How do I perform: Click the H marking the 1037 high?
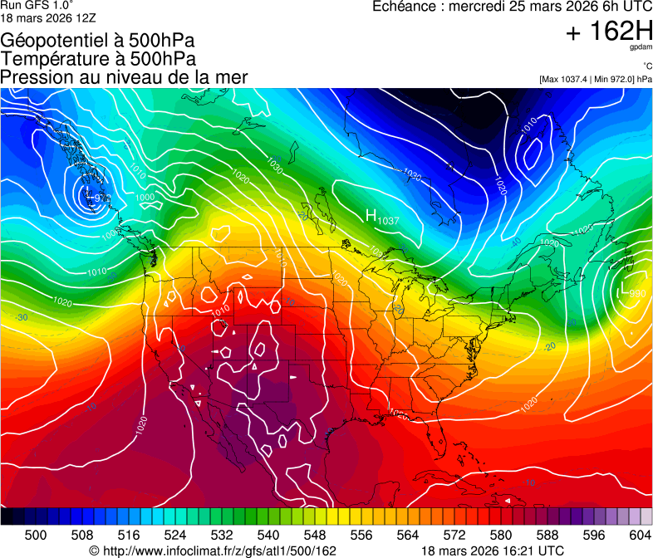coord(371,215)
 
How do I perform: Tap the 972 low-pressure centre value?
coord(100,198)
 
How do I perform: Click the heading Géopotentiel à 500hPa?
coord(99,40)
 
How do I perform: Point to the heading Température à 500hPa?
coord(98,58)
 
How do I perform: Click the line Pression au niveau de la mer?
coord(124,77)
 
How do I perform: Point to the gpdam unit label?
coord(641,49)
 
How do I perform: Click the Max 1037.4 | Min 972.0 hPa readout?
coord(596,79)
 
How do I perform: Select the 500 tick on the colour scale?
coord(35,535)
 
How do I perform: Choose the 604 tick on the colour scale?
coord(640,535)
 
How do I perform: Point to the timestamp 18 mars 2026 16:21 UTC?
coord(493,551)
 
